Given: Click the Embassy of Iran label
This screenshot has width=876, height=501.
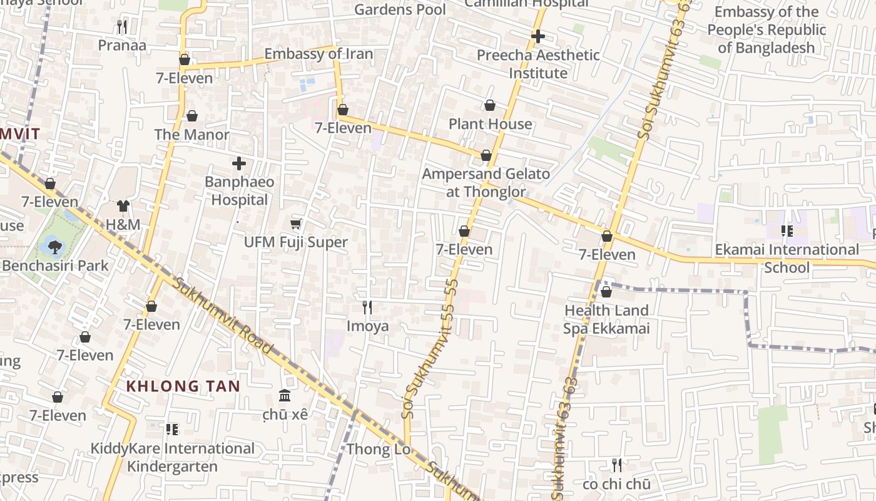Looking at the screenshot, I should (x=318, y=54).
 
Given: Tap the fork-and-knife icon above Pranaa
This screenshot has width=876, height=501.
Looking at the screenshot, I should (x=122, y=26).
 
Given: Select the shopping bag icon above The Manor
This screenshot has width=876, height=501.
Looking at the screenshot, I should (x=192, y=116).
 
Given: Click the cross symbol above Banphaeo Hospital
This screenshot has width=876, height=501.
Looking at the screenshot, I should (x=238, y=163).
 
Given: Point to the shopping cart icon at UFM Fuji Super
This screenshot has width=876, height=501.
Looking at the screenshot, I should (x=296, y=224).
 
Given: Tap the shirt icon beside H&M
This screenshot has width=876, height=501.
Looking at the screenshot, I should (x=123, y=206).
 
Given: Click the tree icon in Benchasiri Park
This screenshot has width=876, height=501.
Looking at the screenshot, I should (x=55, y=247).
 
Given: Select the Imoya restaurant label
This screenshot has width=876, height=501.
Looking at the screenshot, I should (x=367, y=326).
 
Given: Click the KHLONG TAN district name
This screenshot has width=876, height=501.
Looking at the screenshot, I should (x=183, y=386).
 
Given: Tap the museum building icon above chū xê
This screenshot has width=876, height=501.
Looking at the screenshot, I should (x=285, y=395).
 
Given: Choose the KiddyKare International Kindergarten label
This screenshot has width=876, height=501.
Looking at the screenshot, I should (x=173, y=457).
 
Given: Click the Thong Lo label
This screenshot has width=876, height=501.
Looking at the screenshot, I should (x=379, y=449).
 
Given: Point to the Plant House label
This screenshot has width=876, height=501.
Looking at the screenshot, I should (x=490, y=124).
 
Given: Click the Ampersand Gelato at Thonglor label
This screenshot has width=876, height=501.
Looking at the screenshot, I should (x=486, y=182).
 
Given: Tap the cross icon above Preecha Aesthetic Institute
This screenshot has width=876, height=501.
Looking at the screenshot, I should (x=537, y=36).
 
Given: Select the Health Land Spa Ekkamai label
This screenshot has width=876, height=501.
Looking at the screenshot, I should (x=606, y=319).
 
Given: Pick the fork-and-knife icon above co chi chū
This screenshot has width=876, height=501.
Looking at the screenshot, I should (x=616, y=465).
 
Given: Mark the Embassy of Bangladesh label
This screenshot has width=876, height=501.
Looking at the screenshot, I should (x=766, y=29).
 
